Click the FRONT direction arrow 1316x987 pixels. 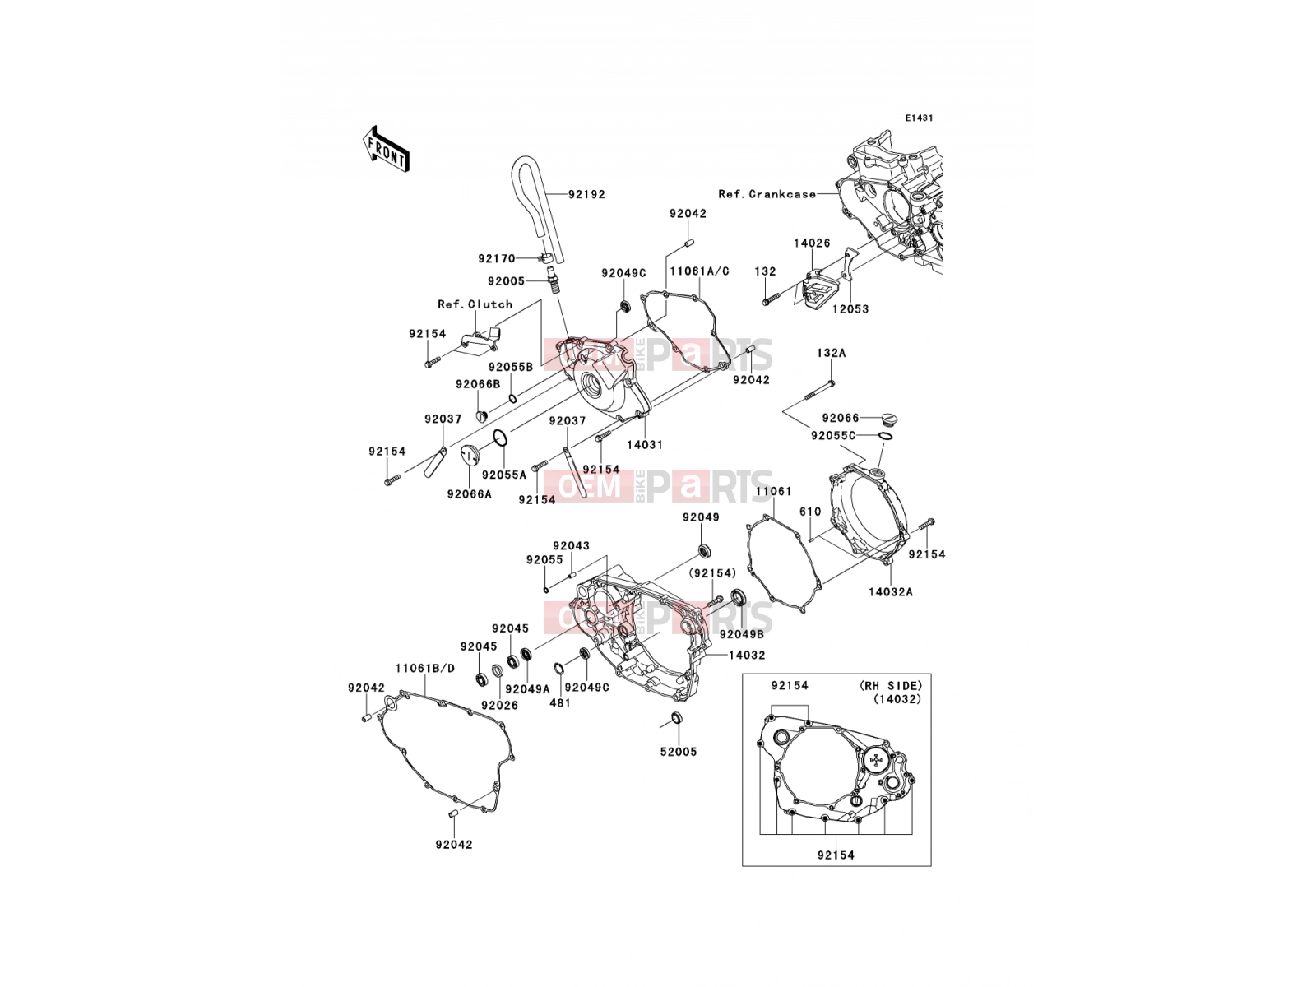coord(387,150)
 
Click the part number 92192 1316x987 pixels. coord(587,195)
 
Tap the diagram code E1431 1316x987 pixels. coord(919,118)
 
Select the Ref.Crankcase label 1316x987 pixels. coord(767,194)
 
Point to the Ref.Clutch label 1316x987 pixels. coord(475,304)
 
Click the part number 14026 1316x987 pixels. coord(812,243)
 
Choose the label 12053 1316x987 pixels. coord(850,309)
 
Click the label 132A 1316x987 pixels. coord(831,354)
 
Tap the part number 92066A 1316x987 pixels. coord(469,494)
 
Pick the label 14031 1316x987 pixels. coord(645,445)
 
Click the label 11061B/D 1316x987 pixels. coord(425,668)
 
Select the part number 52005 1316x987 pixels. coord(679,752)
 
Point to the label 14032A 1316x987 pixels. coord(890,592)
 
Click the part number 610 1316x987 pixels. coord(810,512)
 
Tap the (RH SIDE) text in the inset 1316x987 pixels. coord(890,686)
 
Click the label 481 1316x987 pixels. coord(560,703)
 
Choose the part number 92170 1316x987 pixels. coord(497,259)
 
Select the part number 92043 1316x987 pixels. coord(572,546)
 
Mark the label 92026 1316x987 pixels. coord(499,706)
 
